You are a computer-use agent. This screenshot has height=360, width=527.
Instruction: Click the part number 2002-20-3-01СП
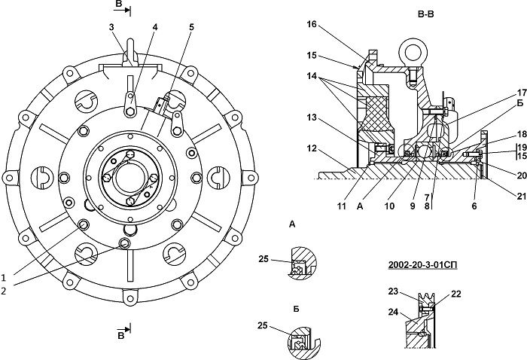click(x=422, y=265)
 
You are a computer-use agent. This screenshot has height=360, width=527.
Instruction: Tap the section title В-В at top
click(x=426, y=14)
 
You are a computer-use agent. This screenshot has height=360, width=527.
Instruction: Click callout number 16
click(x=312, y=24)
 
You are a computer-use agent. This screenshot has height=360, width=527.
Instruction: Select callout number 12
click(x=312, y=148)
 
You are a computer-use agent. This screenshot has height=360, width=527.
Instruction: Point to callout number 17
click(x=522, y=92)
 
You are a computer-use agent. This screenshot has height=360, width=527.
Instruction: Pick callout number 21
click(x=521, y=196)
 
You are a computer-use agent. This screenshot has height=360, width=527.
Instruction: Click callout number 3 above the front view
click(x=112, y=27)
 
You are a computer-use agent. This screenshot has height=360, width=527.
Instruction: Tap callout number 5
click(x=191, y=27)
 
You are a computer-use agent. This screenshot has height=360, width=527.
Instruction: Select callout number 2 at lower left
click(x=4, y=291)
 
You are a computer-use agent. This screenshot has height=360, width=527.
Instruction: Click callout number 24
click(x=393, y=312)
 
